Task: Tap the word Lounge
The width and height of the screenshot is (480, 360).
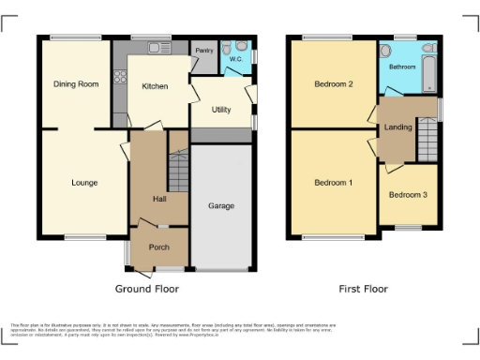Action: (x=84, y=183)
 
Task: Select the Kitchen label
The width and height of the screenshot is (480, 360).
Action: (x=155, y=86)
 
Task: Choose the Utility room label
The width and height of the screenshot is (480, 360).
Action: (x=221, y=110)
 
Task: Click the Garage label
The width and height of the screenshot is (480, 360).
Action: (x=221, y=205)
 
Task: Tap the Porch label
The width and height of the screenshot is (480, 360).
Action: (x=159, y=248)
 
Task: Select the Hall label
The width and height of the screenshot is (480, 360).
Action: (x=159, y=199)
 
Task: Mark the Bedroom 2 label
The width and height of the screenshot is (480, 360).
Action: (x=333, y=84)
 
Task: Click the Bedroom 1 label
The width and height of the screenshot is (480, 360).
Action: (x=333, y=182)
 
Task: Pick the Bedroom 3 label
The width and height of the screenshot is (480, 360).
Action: (x=408, y=195)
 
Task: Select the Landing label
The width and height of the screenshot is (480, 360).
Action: (x=397, y=128)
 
